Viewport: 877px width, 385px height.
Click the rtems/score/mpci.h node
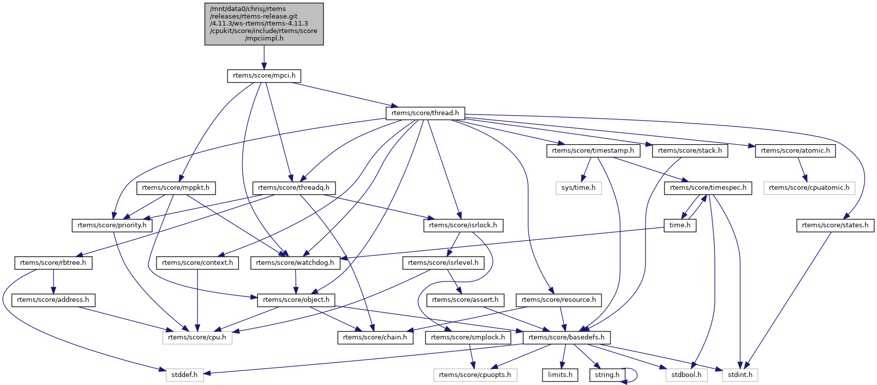tap(264, 76)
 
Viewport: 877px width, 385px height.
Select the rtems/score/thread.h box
tap(425, 113)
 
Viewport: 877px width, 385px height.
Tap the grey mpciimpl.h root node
tap(264, 24)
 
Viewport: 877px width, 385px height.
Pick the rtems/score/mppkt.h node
tap(176, 188)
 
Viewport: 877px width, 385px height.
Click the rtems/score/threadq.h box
tap(294, 188)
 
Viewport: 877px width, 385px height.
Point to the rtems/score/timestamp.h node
tap(592, 150)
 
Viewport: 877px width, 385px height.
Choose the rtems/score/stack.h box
tap(690, 150)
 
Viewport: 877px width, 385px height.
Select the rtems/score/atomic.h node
tap(795, 150)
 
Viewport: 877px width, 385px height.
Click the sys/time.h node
tap(578, 188)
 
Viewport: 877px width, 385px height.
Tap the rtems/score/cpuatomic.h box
tap(809, 188)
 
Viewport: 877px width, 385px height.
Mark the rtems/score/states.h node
tap(835, 225)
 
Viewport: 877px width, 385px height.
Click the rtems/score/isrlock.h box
tap(463, 225)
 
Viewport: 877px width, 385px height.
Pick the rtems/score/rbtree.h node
tap(53, 262)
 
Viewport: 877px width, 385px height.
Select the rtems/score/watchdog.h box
tap(295, 262)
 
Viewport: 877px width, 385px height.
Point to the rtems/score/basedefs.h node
tap(566, 337)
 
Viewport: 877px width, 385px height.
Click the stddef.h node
tap(184, 374)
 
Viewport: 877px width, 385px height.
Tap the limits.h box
tap(560, 374)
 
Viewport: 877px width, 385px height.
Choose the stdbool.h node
tap(686, 374)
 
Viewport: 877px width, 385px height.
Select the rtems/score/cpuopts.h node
tap(474, 374)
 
